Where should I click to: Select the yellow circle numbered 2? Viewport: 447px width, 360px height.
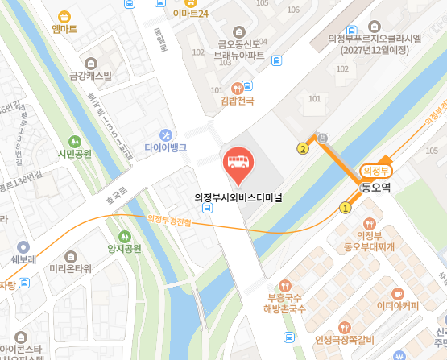point(303,148)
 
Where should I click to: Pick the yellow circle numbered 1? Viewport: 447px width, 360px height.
point(346,208)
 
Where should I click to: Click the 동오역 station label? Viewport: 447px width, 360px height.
point(375,188)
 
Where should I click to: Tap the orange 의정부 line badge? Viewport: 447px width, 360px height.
point(376,170)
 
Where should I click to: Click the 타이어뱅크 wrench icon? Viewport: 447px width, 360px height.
point(166,134)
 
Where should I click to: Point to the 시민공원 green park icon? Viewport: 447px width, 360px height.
point(75,141)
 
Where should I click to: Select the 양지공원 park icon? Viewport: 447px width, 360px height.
point(124,236)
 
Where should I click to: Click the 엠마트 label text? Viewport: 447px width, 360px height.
point(64,29)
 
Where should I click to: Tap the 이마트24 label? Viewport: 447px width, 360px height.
point(191,14)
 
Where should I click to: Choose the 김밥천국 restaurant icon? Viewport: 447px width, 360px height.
point(237,88)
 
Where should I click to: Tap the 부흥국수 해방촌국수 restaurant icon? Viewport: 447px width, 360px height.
point(285,285)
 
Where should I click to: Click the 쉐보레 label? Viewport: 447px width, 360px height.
point(23,260)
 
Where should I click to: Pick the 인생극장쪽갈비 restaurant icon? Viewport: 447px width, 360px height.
point(346,326)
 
